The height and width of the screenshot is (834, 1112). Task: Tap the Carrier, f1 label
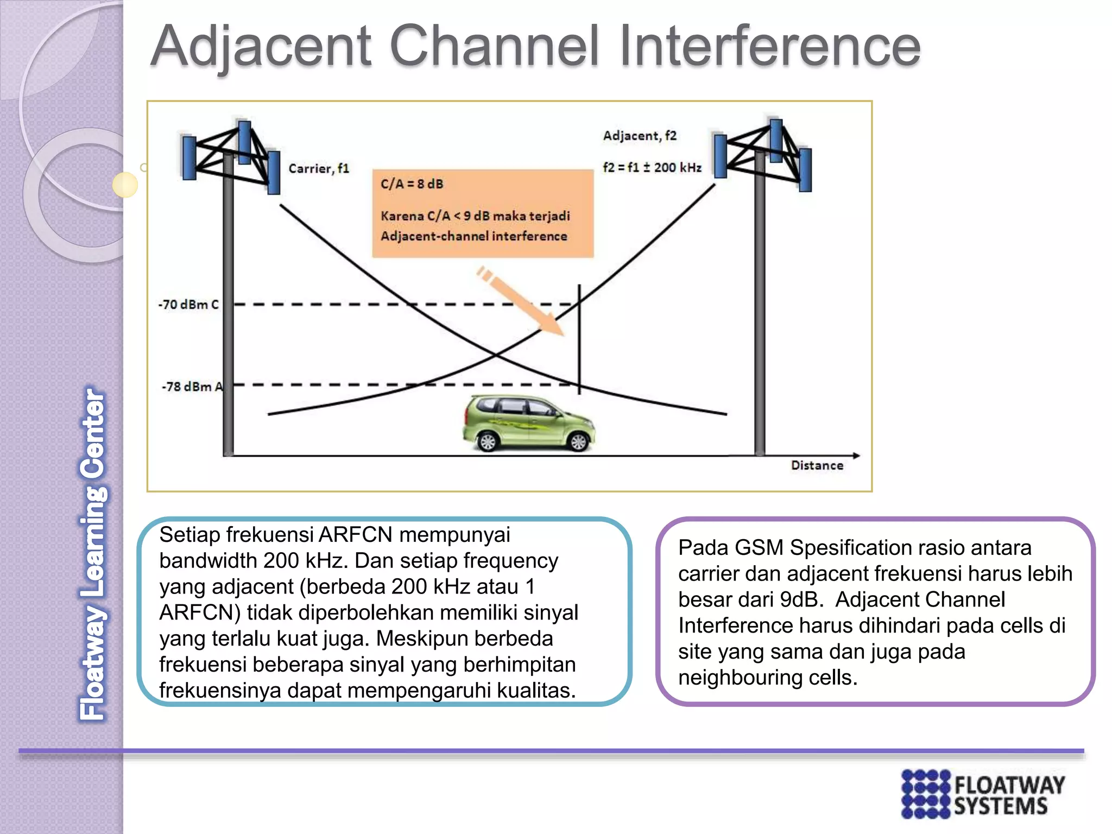pos(318,168)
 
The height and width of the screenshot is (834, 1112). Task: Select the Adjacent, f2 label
pos(640,136)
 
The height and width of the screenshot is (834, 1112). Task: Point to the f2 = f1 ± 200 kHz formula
pos(652,167)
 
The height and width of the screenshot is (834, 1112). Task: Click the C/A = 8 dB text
pos(412,184)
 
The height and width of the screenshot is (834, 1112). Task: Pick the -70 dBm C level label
pos(188,305)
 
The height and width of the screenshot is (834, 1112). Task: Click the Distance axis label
pos(817,465)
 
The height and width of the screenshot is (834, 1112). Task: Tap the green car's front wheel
pos(578,441)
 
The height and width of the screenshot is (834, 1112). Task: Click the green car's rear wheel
pos(488,441)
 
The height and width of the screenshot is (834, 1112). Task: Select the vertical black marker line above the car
pos(579,337)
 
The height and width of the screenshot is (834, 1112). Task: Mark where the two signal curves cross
pos(496,355)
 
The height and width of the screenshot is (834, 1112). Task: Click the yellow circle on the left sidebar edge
pos(125,185)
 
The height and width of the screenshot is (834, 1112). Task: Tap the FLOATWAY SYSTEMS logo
pos(983,793)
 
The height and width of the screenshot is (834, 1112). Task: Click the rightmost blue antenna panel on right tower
pos(805,169)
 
